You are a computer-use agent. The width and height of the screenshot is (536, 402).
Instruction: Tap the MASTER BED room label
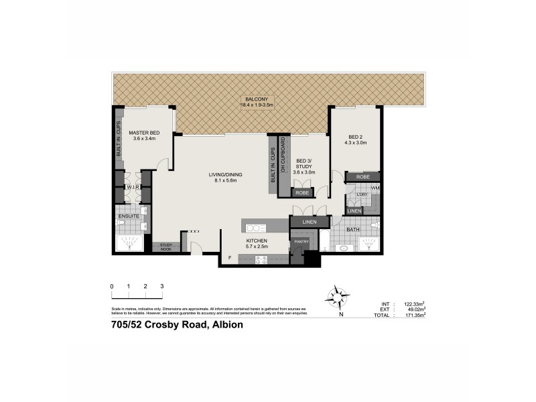pos(144,133)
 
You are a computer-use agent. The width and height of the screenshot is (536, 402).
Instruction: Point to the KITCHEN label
pos(257,240)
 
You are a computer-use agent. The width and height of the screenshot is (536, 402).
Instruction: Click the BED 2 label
pos(355,137)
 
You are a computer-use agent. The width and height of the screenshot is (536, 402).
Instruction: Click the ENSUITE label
pos(128,217)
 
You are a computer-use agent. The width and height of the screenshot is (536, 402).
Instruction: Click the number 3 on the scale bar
pos(162,286)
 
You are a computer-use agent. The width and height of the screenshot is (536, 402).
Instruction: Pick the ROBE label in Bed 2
pos(362,177)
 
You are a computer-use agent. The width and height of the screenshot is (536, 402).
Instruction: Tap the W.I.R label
pos(132,188)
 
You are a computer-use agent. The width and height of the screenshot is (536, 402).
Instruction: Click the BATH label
pos(354,230)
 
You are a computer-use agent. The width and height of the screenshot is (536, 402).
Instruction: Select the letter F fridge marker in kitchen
pos(229,257)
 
